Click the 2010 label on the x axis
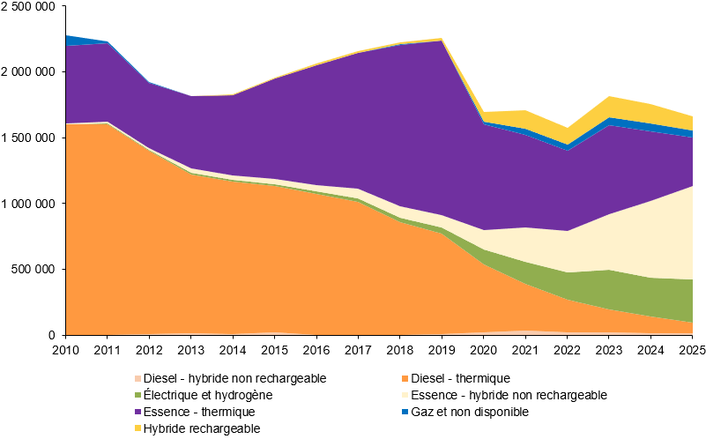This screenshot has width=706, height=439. (x=66, y=350)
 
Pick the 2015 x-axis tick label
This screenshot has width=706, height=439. (x=275, y=350)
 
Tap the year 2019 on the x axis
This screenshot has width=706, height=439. (x=442, y=350)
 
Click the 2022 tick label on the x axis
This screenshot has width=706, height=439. (x=567, y=350)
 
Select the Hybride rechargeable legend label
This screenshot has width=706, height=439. (x=202, y=428)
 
